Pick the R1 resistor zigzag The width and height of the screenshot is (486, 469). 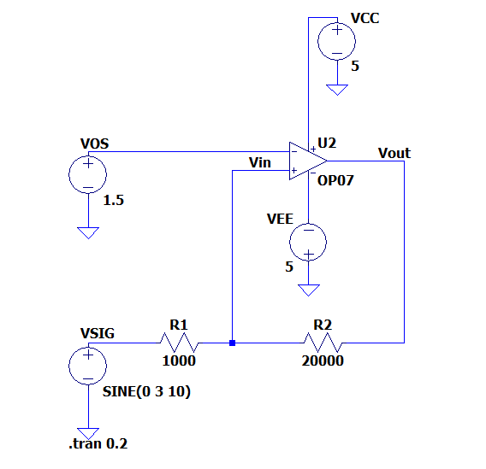(179, 343)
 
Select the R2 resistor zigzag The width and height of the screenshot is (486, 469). (323, 343)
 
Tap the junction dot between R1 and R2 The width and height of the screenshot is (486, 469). (232, 343)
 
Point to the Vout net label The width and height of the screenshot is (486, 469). (394, 153)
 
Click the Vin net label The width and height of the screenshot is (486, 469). (260, 162)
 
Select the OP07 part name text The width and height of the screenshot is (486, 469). (335, 180)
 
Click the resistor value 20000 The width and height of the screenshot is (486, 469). (323, 361)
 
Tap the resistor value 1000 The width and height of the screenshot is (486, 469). (179, 361)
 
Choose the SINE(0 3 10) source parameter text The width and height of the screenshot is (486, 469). (146, 391)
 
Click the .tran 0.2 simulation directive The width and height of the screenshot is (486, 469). (98, 443)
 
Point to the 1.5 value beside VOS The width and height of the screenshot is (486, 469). (114, 200)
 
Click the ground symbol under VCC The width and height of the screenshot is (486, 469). (337, 90)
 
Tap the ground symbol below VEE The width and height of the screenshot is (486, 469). (308, 290)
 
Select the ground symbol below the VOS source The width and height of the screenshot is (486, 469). (88, 233)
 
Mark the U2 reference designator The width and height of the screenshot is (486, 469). (327, 144)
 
